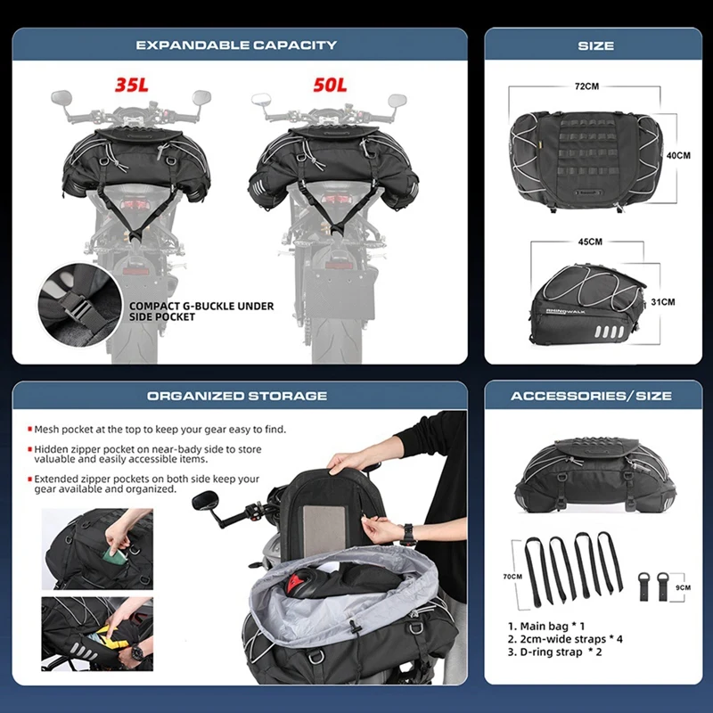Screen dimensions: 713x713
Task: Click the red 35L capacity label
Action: [132, 86]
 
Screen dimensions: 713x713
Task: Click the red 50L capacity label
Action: [330, 86]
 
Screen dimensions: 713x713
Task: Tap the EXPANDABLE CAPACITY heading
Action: [236, 45]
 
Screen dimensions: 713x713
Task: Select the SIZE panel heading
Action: [595, 45]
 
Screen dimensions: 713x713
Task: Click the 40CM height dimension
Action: [678, 154]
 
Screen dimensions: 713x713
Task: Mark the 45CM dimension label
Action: [589, 242]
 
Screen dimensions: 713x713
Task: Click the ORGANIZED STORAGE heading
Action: [237, 396]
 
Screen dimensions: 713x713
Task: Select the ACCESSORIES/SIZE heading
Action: [591, 396]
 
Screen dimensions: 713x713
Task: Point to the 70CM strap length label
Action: [512, 577]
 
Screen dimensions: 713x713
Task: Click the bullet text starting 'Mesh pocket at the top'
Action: [160, 430]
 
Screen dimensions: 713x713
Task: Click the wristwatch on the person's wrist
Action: [407, 534]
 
